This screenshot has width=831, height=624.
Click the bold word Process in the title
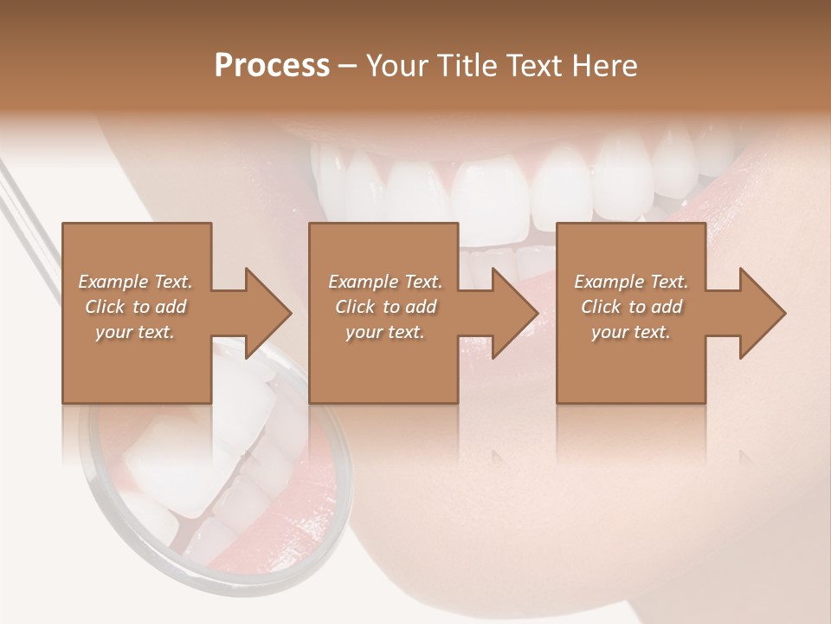click(x=272, y=66)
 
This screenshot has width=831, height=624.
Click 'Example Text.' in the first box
click(x=135, y=282)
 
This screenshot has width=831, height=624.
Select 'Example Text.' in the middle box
click(x=384, y=282)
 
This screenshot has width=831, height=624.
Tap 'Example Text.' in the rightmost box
click(x=631, y=282)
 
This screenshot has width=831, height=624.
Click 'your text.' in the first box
click(x=135, y=332)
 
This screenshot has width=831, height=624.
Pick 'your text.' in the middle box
click(x=384, y=332)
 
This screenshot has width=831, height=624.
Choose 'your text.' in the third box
click(x=631, y=332)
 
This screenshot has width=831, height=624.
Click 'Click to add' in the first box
click(x=135, y=307)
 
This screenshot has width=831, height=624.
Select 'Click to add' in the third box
click(x=631, y=307)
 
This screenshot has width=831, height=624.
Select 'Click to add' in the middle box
click(x=384, y=307)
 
